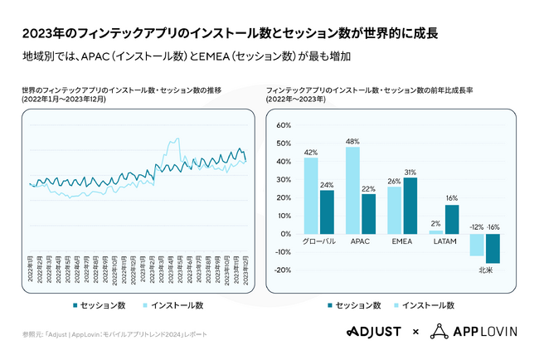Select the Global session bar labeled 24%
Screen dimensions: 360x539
(x=327, y=212)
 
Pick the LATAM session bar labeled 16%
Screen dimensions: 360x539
(x=451, y=219)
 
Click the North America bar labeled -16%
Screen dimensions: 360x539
(x=493, y=248)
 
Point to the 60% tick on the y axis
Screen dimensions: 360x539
(x=283, y=125)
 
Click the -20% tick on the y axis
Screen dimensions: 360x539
(x=281, y=270)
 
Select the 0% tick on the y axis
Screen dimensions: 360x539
(x=285, y=234)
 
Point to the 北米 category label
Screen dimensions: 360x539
(x=485, y=268)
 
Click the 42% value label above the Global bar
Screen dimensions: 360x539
(x=311, y=153)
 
